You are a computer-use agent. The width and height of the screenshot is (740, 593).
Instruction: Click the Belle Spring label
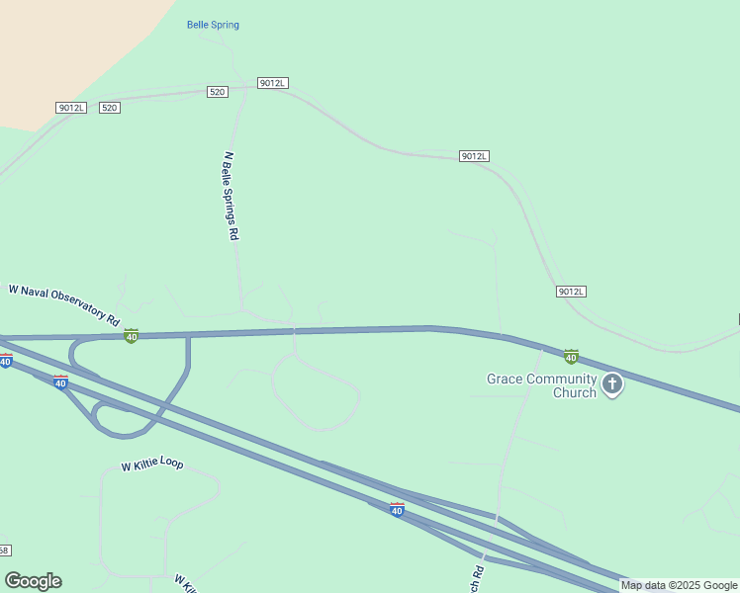pos(213,25)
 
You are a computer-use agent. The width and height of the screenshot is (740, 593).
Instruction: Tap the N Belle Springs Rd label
pos(231,197)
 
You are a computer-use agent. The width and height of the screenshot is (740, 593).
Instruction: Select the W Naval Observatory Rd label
pos(64,304)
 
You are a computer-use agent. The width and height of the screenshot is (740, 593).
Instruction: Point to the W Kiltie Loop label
pos(152,465)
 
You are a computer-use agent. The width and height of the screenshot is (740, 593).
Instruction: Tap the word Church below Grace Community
pos(574,392)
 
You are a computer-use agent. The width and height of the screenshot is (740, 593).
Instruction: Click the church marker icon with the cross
pos(612,384)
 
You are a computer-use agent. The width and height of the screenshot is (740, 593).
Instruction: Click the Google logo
pos(33,581)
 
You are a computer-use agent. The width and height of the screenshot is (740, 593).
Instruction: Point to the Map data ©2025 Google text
pos(679,585)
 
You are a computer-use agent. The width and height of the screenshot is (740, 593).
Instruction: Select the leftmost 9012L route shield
pos(71,108)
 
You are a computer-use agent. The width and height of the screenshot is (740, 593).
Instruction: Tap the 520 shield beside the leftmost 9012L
pos(110,108)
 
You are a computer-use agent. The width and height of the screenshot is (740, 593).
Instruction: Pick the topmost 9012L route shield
pos(272,83)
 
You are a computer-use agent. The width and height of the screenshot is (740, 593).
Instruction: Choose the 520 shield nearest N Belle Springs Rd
pos(218,92)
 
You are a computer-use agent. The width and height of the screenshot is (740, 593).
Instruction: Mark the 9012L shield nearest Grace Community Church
pos(571,292)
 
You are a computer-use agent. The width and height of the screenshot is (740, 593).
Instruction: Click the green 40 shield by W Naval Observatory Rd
pos(131,336)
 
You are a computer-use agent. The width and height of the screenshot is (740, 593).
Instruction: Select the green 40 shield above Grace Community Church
pos(571,356)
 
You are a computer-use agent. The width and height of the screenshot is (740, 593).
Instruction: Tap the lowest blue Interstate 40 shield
pos(397,510)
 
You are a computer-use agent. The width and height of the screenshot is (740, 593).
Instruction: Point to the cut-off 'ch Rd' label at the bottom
pos(477,572)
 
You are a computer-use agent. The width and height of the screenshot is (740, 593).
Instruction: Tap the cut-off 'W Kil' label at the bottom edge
pos(186,584)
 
